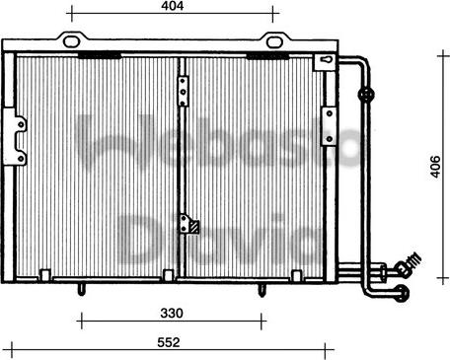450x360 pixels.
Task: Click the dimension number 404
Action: [x=174, y=8]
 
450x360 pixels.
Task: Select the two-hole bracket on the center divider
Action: [x=183, y=87]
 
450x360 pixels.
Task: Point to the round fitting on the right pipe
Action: [x=366, y=96]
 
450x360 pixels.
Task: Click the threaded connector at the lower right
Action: [x=406, y=265]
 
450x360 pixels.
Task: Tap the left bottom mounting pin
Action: [x=79, y=289]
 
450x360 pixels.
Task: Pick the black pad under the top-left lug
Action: [x=96, y=56]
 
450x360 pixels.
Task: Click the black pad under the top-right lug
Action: [x=263, y=56]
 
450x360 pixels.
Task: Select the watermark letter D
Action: [x=143, y=239]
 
